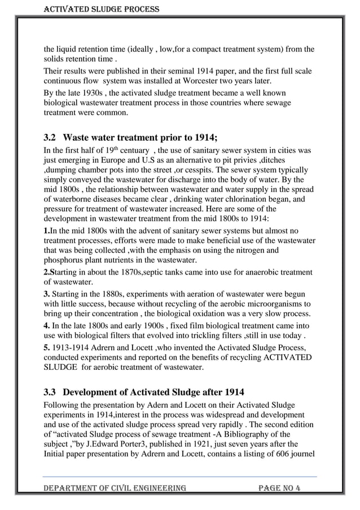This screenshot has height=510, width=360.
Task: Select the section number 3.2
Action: pos(51,137)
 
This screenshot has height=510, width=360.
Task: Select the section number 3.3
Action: pos(51,392)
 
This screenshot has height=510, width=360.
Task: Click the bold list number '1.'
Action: pos(47,230)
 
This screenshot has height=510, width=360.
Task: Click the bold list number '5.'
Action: pos(47,346)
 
